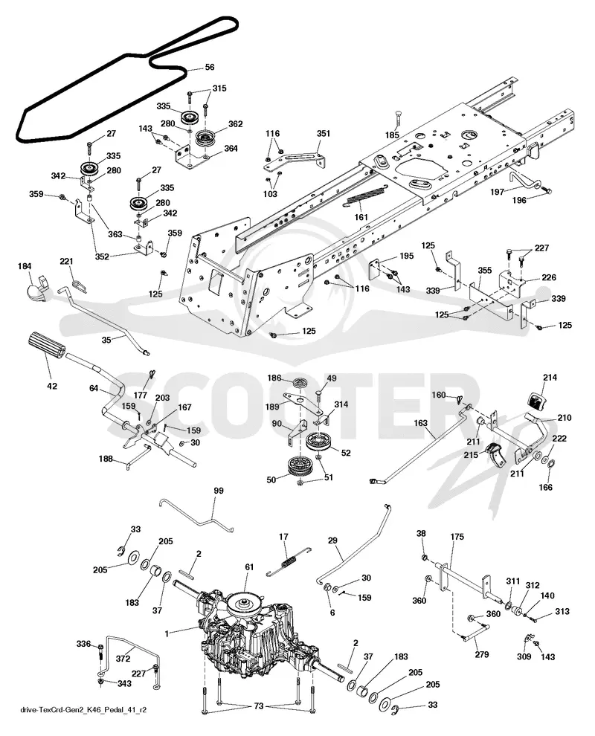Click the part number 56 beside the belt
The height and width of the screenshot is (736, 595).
210,67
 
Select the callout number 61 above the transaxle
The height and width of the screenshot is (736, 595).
249,567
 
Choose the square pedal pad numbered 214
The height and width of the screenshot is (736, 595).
535,401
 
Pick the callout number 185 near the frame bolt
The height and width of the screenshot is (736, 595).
392,135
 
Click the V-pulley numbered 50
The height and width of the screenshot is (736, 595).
301,467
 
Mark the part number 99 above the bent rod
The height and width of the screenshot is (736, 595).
219,491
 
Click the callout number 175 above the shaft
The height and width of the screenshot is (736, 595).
457,537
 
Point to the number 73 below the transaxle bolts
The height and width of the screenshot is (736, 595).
258,706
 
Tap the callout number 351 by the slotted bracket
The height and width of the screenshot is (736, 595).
323,133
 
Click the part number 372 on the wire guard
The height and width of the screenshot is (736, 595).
123,659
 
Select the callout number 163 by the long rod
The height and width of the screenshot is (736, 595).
420,423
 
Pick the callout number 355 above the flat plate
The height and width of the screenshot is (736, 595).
485,271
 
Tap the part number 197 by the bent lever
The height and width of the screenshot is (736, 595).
497,192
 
